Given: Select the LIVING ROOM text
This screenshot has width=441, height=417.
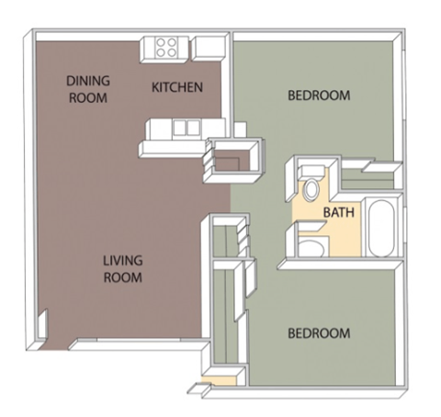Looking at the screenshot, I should click(122, 268).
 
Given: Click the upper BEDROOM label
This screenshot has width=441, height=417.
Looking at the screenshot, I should click(319, 95).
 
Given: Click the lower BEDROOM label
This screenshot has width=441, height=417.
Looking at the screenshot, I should click(319, 333).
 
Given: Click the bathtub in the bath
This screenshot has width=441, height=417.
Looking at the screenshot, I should click(379, 227).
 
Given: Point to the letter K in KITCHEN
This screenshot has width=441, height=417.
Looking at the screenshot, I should click(154, 88).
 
